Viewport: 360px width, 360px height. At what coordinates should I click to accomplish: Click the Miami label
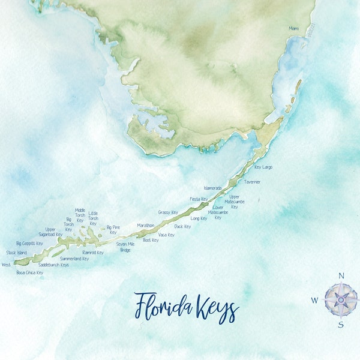(293, 28)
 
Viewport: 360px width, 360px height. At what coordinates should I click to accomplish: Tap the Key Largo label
(263, 167)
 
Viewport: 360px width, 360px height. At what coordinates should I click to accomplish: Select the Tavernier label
(252, 182)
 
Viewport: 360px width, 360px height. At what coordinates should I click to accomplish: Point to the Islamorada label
(212, 188)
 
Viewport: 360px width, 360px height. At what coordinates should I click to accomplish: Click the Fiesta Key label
(199, 199)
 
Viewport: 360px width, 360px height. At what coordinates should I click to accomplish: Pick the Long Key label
(199, 218)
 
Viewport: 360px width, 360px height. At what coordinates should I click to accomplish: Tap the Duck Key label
(182, 226)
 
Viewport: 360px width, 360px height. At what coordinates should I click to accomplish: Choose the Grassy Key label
(168, 212)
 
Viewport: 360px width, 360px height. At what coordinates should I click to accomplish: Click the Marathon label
(146, 226)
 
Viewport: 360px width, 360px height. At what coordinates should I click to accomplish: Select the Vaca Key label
(166, 235)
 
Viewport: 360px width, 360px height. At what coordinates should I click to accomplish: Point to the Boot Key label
(151, 240)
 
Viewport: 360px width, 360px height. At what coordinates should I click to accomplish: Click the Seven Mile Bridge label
(125, 247)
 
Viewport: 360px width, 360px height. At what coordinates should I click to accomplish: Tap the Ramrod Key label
(93, 253)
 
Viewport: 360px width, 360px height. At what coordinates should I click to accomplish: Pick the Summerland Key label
(74, 259)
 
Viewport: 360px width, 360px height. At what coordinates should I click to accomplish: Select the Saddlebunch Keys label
(53, 265)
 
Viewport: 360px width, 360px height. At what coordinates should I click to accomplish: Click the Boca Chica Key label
(30, 272)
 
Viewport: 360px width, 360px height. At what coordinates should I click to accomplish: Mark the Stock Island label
(17, 253)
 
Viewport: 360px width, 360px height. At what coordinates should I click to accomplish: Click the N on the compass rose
(341, 276)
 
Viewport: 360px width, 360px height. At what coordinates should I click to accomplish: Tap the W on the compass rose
(314, 300)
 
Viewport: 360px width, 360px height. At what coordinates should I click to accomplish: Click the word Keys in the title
(214, 308)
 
